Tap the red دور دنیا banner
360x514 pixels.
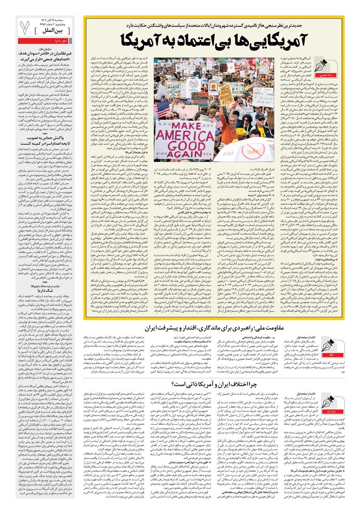45,41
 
